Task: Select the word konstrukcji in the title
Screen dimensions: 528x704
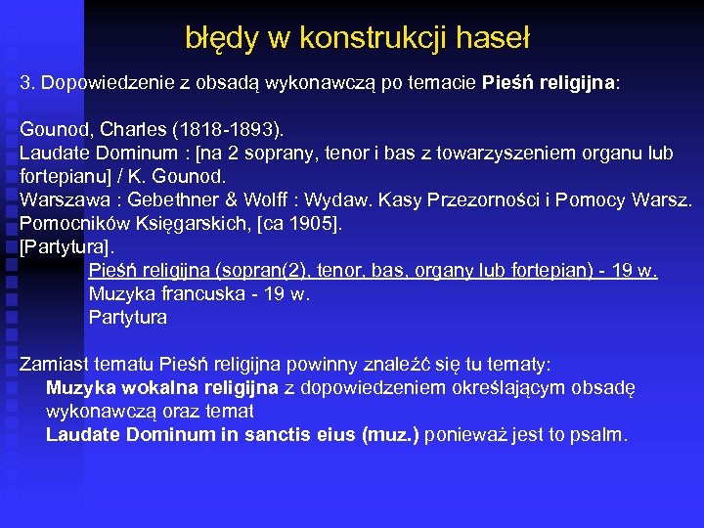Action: point(376,38)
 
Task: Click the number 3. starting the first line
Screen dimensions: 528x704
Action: point(27,83)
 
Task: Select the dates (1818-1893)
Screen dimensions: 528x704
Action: point(223,129)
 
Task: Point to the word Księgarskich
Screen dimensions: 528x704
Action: point(175,223)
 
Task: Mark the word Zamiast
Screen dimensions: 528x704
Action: point(54,365)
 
